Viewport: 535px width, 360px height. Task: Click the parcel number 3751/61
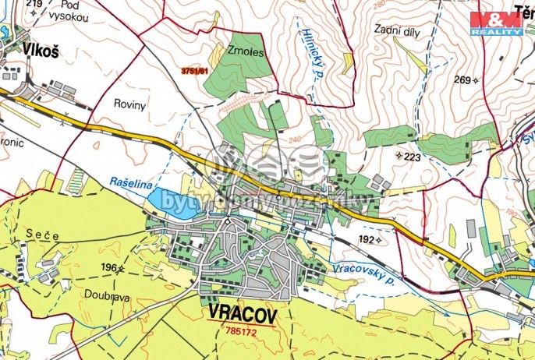(x=196, y=71)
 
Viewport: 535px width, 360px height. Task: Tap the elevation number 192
(x=365, y=240)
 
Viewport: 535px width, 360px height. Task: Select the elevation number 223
(x=413, y=157)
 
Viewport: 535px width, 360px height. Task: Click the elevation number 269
(x=463, y=79)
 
